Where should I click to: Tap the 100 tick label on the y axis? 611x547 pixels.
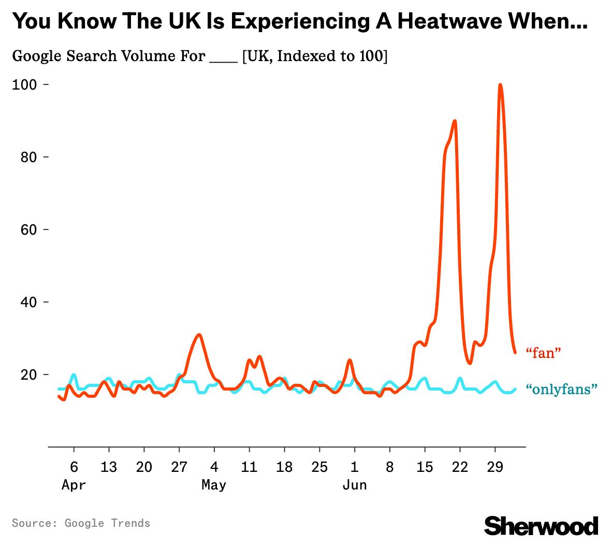coord(24,84)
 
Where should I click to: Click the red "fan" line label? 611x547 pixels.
coord(543,353)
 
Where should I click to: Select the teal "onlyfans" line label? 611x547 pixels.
coord(561,389)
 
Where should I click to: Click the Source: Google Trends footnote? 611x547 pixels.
coord(81,523)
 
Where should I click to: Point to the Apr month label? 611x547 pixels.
coord(74,485)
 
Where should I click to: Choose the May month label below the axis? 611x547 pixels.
coord(214,485)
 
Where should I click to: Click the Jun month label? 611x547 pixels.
coord(355,485)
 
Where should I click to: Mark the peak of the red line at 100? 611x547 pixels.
coord(500,84)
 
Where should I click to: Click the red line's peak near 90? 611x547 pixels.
coord(455,121)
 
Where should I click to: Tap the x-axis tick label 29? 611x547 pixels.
coord(495,467)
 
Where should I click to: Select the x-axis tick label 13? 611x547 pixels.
coord(109,467)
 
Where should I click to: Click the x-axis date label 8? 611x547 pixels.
coord(389,467)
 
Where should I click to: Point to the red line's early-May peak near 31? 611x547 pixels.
coord(198,335)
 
